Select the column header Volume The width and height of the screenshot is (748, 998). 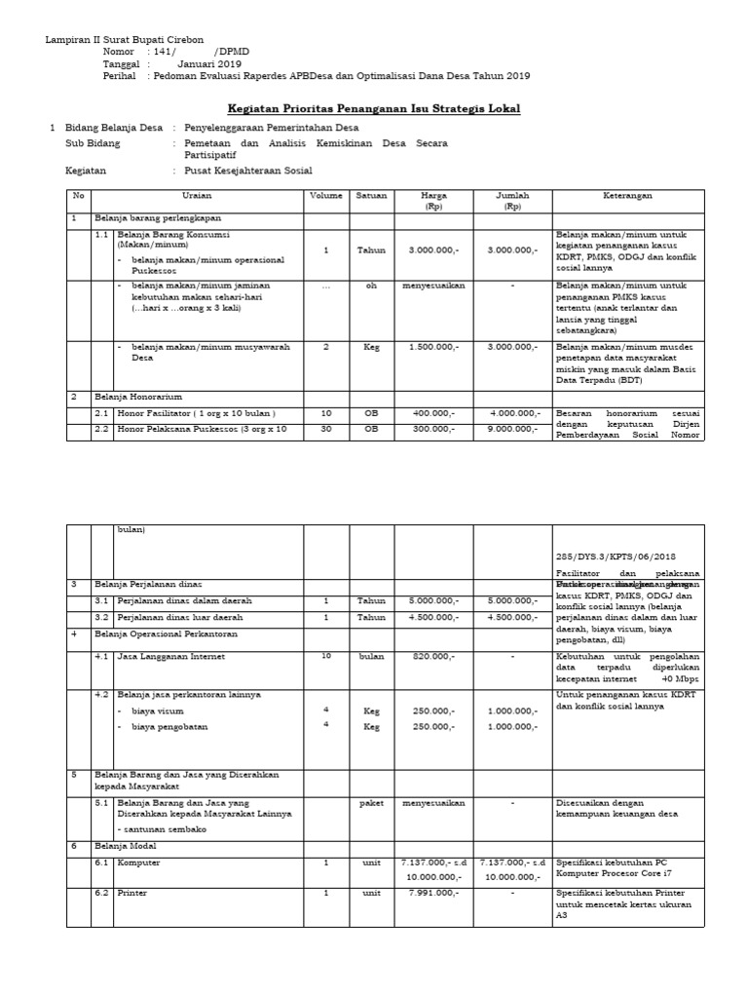[x=325, y=196]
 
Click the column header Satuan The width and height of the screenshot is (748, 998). [x=371, y=196]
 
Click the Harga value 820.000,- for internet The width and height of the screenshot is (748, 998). [x=434, y=657]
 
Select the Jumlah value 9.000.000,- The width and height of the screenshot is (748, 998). [x=512, y=428]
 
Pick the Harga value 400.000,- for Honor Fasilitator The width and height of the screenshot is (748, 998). [x=434, y=413]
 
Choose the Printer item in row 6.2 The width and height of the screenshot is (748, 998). [x=132, y=892]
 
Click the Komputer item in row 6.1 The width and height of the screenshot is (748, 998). [x=138, y=863]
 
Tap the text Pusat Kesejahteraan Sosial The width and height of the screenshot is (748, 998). [x=248, y=171]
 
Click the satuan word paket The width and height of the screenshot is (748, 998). [x=371, y=803]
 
